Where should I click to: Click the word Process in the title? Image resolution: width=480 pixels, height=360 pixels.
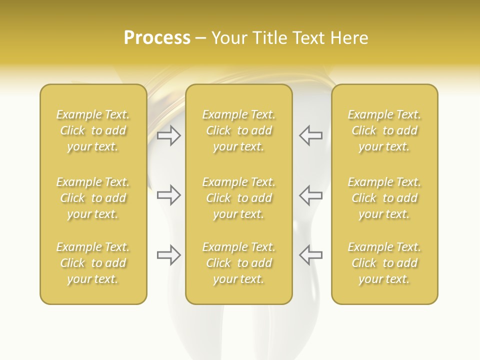coord(157,38)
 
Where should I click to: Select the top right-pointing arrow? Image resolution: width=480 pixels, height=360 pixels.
coord(168,135)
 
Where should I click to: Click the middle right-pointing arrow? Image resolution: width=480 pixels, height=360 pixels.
coord(168,195)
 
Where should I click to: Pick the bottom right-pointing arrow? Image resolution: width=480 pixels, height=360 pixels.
coord(168,255)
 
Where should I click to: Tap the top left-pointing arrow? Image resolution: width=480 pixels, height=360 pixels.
coord(310,135)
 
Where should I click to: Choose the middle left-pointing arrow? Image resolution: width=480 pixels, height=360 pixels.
coord(310,195)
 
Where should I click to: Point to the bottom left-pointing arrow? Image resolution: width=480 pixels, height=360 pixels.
coord(310,255)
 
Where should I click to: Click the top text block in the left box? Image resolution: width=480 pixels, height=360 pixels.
coord(93,130)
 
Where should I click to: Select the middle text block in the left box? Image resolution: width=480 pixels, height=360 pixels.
coord(93,198)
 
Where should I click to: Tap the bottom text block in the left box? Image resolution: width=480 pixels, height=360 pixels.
coord(93,263)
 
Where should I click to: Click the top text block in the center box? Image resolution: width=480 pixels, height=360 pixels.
coord(238,130)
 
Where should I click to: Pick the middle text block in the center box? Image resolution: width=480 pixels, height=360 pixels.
coord(238,198)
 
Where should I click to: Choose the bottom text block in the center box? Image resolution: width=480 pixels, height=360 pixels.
coord(238,263)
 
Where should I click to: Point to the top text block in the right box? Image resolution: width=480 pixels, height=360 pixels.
coord(384,130)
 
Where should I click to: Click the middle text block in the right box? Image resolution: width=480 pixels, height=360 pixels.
coord(384,198)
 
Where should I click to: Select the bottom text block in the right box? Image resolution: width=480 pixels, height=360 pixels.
coord(384,263)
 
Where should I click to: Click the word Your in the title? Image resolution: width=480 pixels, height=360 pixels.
coord(228,38)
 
